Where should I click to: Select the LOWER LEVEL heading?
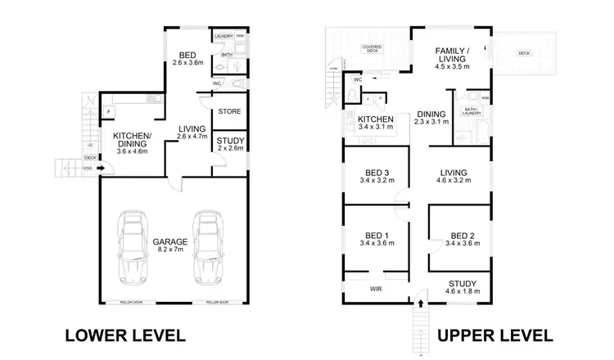[x=124, y=335]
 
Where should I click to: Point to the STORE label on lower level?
[x=228, y=111]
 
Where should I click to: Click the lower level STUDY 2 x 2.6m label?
[x=230, y=145]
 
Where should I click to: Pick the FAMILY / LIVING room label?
[x=451, y=59]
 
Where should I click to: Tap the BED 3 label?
[x=375, y=177]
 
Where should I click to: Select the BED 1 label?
[x=375, y=238]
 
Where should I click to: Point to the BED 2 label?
[x=460, y=238]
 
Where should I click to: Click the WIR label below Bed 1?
[x=375, y=289]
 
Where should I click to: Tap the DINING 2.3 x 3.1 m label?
[x=431, y=119]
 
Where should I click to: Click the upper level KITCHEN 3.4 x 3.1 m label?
[x=377, y=124]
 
